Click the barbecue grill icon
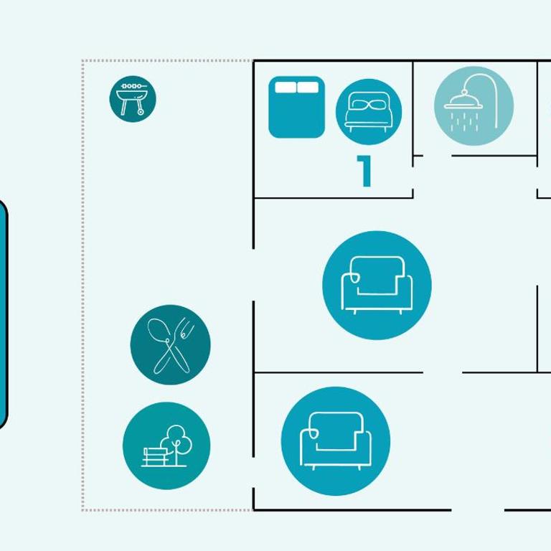(133, 99)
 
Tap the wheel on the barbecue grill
(141, 112)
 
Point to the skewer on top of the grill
(133, 86)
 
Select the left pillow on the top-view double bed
(286, 87)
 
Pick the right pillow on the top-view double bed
(308, 87)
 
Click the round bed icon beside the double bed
(369, 112)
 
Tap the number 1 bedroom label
(364, 171)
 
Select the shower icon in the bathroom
(474, 105)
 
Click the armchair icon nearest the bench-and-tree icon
(336, 441)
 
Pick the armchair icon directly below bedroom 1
(377, 286)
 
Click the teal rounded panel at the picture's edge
(3, 314)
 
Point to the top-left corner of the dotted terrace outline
(83, 61)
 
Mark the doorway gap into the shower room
(438, 155)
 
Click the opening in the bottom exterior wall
(478, 510)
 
